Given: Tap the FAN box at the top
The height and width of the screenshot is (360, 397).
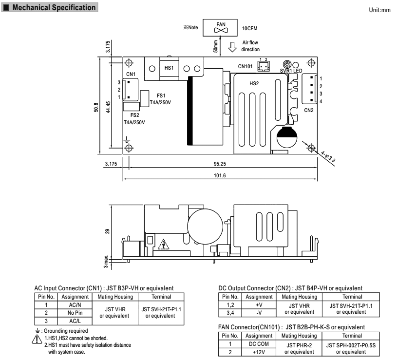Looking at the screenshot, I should point(218,28).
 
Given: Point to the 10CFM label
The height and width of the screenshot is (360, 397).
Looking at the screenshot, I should point(249,29).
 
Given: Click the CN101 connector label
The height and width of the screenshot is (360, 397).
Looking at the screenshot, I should point(246,66).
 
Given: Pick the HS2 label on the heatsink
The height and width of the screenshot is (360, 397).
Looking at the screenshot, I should point(254,83).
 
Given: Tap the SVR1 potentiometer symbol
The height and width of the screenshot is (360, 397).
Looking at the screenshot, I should point(288,64).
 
